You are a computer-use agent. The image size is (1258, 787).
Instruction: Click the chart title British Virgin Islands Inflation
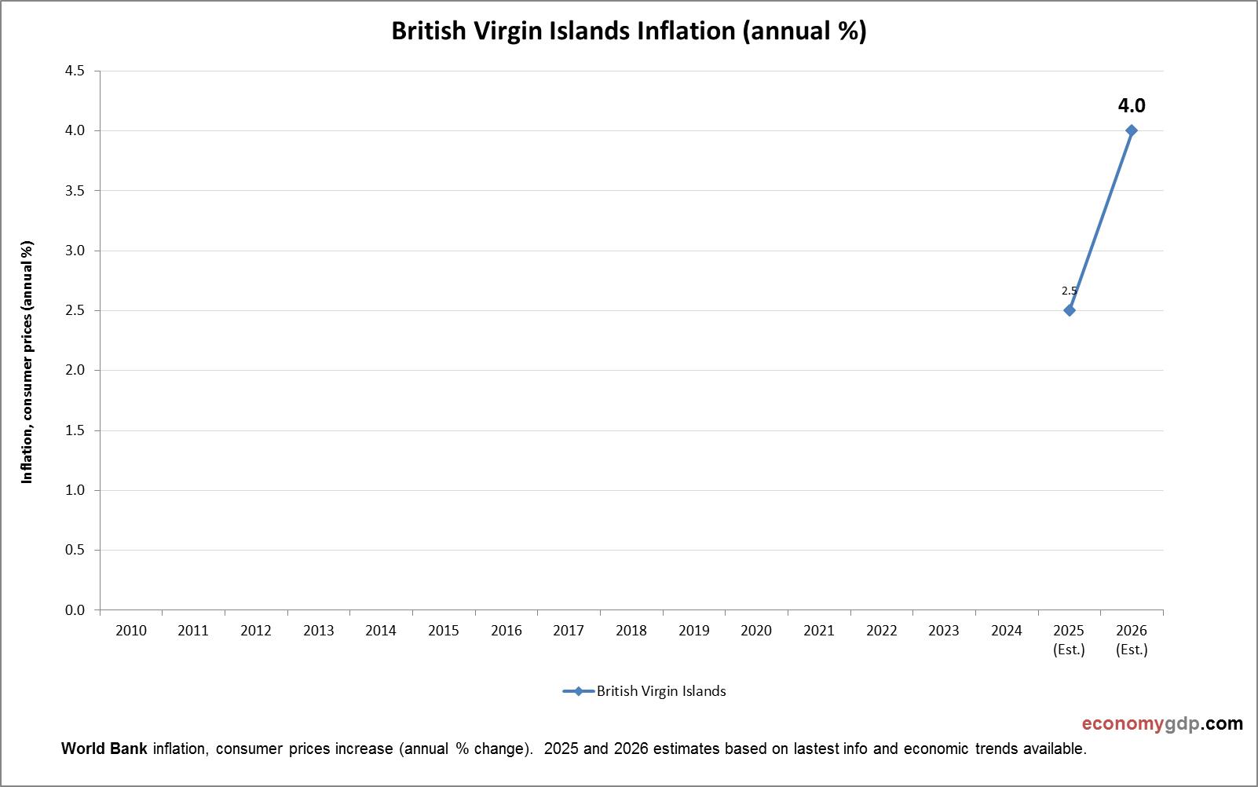click(x=628, y=31)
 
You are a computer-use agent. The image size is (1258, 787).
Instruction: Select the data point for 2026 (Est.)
click(x=1132, y=130)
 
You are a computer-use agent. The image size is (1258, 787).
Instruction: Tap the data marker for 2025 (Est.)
click(x=1069, y=310)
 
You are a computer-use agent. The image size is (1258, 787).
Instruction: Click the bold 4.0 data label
click(x=1132, y=105)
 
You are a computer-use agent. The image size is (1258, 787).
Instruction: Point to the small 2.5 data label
click(x=1069, y=291)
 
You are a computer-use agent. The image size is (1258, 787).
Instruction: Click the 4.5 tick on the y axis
click(x=75, y=71)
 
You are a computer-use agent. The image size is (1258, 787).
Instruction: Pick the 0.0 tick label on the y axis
click(x=75, y=610)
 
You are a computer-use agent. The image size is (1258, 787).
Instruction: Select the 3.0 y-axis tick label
click(x=75, y=251)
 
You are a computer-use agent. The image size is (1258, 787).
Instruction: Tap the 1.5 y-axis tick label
click(x=75, y=430)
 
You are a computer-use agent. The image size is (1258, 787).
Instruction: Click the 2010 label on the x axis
click(x=130, y=630)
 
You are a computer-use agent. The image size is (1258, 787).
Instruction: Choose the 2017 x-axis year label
click(x=569, y=630)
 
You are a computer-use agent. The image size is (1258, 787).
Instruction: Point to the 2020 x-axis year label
click(x=756, y=630)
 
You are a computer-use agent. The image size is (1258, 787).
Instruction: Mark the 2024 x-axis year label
click(x=1007, y=630)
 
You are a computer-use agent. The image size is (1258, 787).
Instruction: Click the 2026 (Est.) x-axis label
click(x=1132, y=639)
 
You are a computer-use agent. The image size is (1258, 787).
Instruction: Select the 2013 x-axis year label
click(x=318, y=630)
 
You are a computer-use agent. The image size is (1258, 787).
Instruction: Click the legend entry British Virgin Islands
click(x=660, y=691)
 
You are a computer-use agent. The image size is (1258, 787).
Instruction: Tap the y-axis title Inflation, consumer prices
click(x=27, y=362)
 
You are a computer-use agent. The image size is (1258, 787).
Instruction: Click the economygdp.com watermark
click(x=1162, y=723)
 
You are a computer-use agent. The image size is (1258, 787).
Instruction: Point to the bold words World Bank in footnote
click(x=104, y=749)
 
